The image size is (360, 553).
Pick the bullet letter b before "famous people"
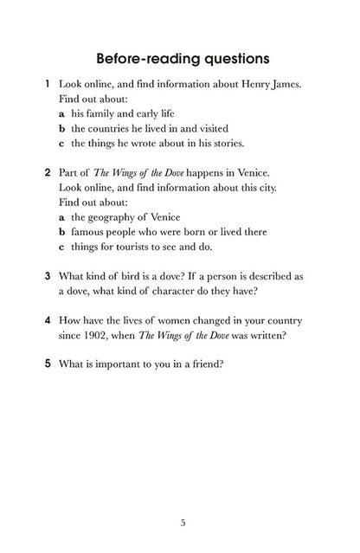pos(62,232)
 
